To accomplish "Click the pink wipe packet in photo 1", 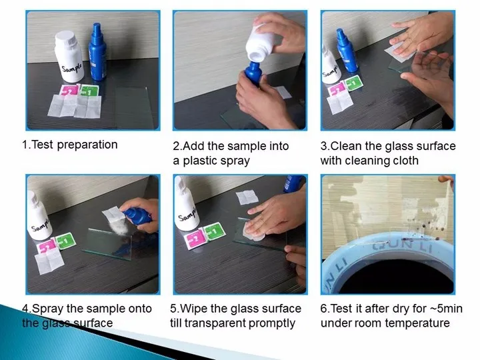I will point(69,92).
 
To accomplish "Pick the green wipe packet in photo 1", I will point(89,91).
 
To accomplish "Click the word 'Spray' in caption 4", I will point(49,309).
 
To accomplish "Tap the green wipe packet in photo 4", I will point(65,240).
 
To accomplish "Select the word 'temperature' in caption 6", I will point(418,323).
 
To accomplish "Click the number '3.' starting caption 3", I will point(325,145).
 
